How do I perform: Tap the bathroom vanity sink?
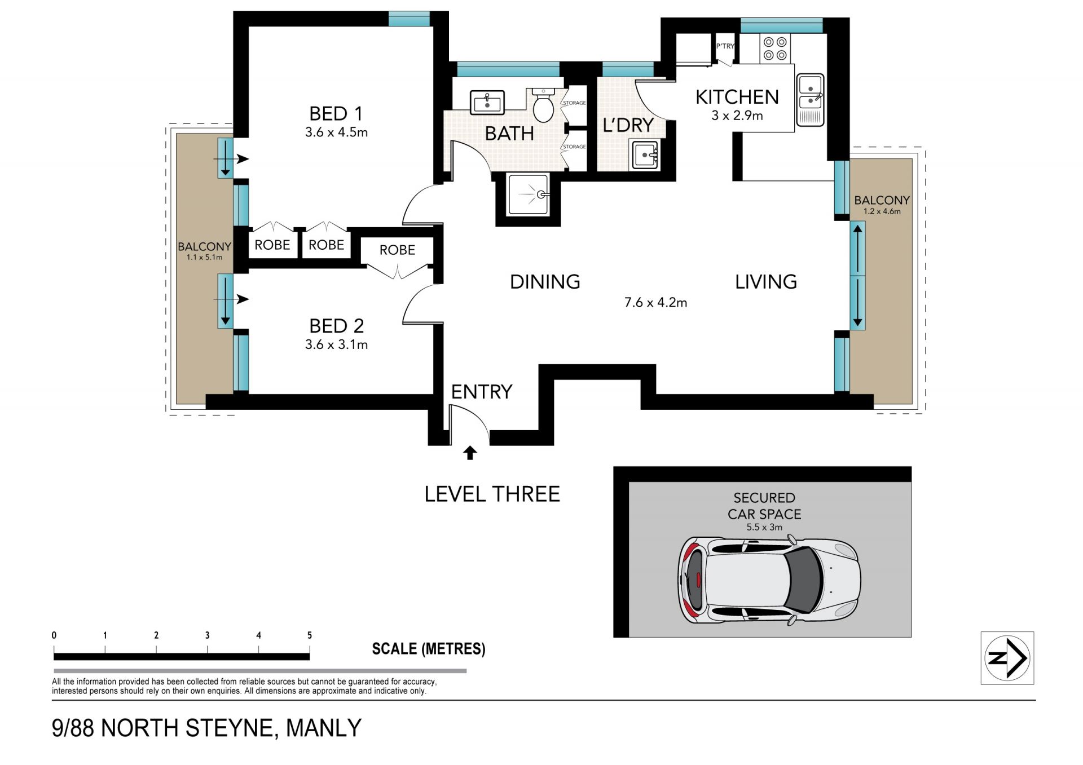pyautogui.click(x=487, y=103)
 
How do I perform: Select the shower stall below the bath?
pyautogui.click(x=528, y=195)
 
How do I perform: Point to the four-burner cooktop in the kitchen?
pyautogui.click(x=775, y=48)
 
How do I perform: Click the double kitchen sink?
pyautogui.click(x=810, y=99)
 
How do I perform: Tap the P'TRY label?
pyautogui.click(x=725, y=46)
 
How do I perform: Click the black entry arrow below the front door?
pyautogui.click(x=470, y=453)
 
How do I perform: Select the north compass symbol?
pyautogui.click(x=1007, y=658)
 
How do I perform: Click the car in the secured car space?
pyautogui.click(x=769, y=581)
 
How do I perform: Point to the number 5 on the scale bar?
pyautogui.click(x=309, y=635)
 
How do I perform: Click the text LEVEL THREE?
pyautogui.click(x=492, y=494)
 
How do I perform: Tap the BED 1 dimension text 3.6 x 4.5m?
pyautogui.click(x=336, y=132)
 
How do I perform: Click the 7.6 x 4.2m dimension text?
pyautogui.click(x=655, y=303)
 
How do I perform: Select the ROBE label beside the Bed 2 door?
pyautogui.click(x=397, y=250)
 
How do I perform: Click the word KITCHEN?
pyautogui.click(x=737, y=97)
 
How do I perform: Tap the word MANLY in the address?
pyautogui.click(x=324, y=728)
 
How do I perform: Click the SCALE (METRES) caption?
pyautogui.click(x=429, y=649)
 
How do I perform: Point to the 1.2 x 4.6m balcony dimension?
pyautogui.click(x=882, y=211)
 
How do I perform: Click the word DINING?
pyautogui.click(x=545, y=282)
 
